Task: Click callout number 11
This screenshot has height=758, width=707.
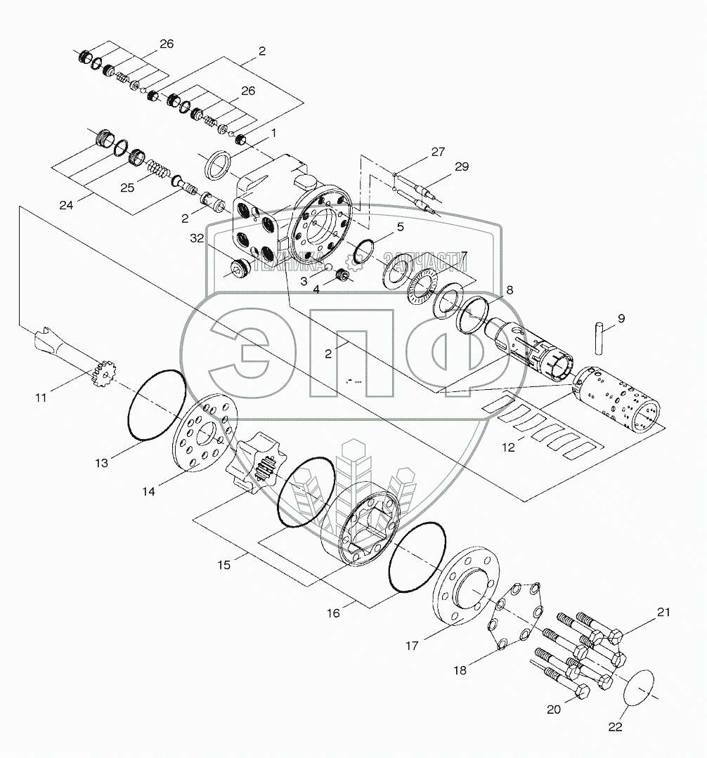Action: (41, 398)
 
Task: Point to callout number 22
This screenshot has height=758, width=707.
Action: (616, 728)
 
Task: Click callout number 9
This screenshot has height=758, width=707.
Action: (621, 318)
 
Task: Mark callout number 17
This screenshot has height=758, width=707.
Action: (412, 645)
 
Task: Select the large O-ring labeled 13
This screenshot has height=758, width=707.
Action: (157, 405)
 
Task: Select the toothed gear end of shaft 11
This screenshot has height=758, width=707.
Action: (105, 374)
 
